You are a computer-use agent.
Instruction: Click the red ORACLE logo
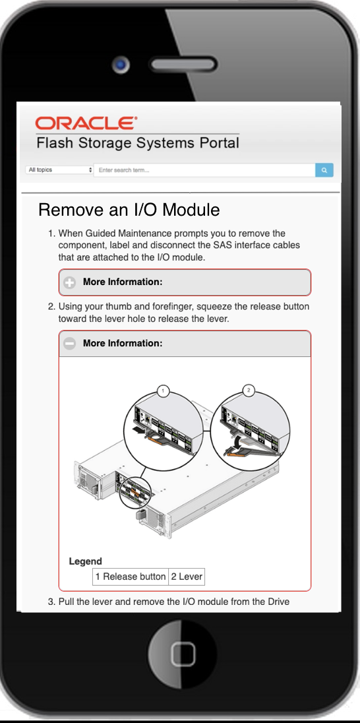86,123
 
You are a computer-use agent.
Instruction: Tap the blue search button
324,170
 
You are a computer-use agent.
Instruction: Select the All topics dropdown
59,170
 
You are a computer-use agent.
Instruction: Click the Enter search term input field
204,170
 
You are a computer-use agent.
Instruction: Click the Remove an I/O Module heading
129,210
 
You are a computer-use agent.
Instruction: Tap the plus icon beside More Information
70,282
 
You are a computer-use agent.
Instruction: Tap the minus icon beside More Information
70,344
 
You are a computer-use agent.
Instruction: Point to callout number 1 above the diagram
163,391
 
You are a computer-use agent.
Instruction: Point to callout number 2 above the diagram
249,391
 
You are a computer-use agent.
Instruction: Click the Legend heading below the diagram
85,561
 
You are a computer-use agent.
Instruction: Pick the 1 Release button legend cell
131,577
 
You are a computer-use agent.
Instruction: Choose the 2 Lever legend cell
187,577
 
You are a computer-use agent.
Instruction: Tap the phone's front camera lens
121,64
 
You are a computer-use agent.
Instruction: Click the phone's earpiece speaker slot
183,64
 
